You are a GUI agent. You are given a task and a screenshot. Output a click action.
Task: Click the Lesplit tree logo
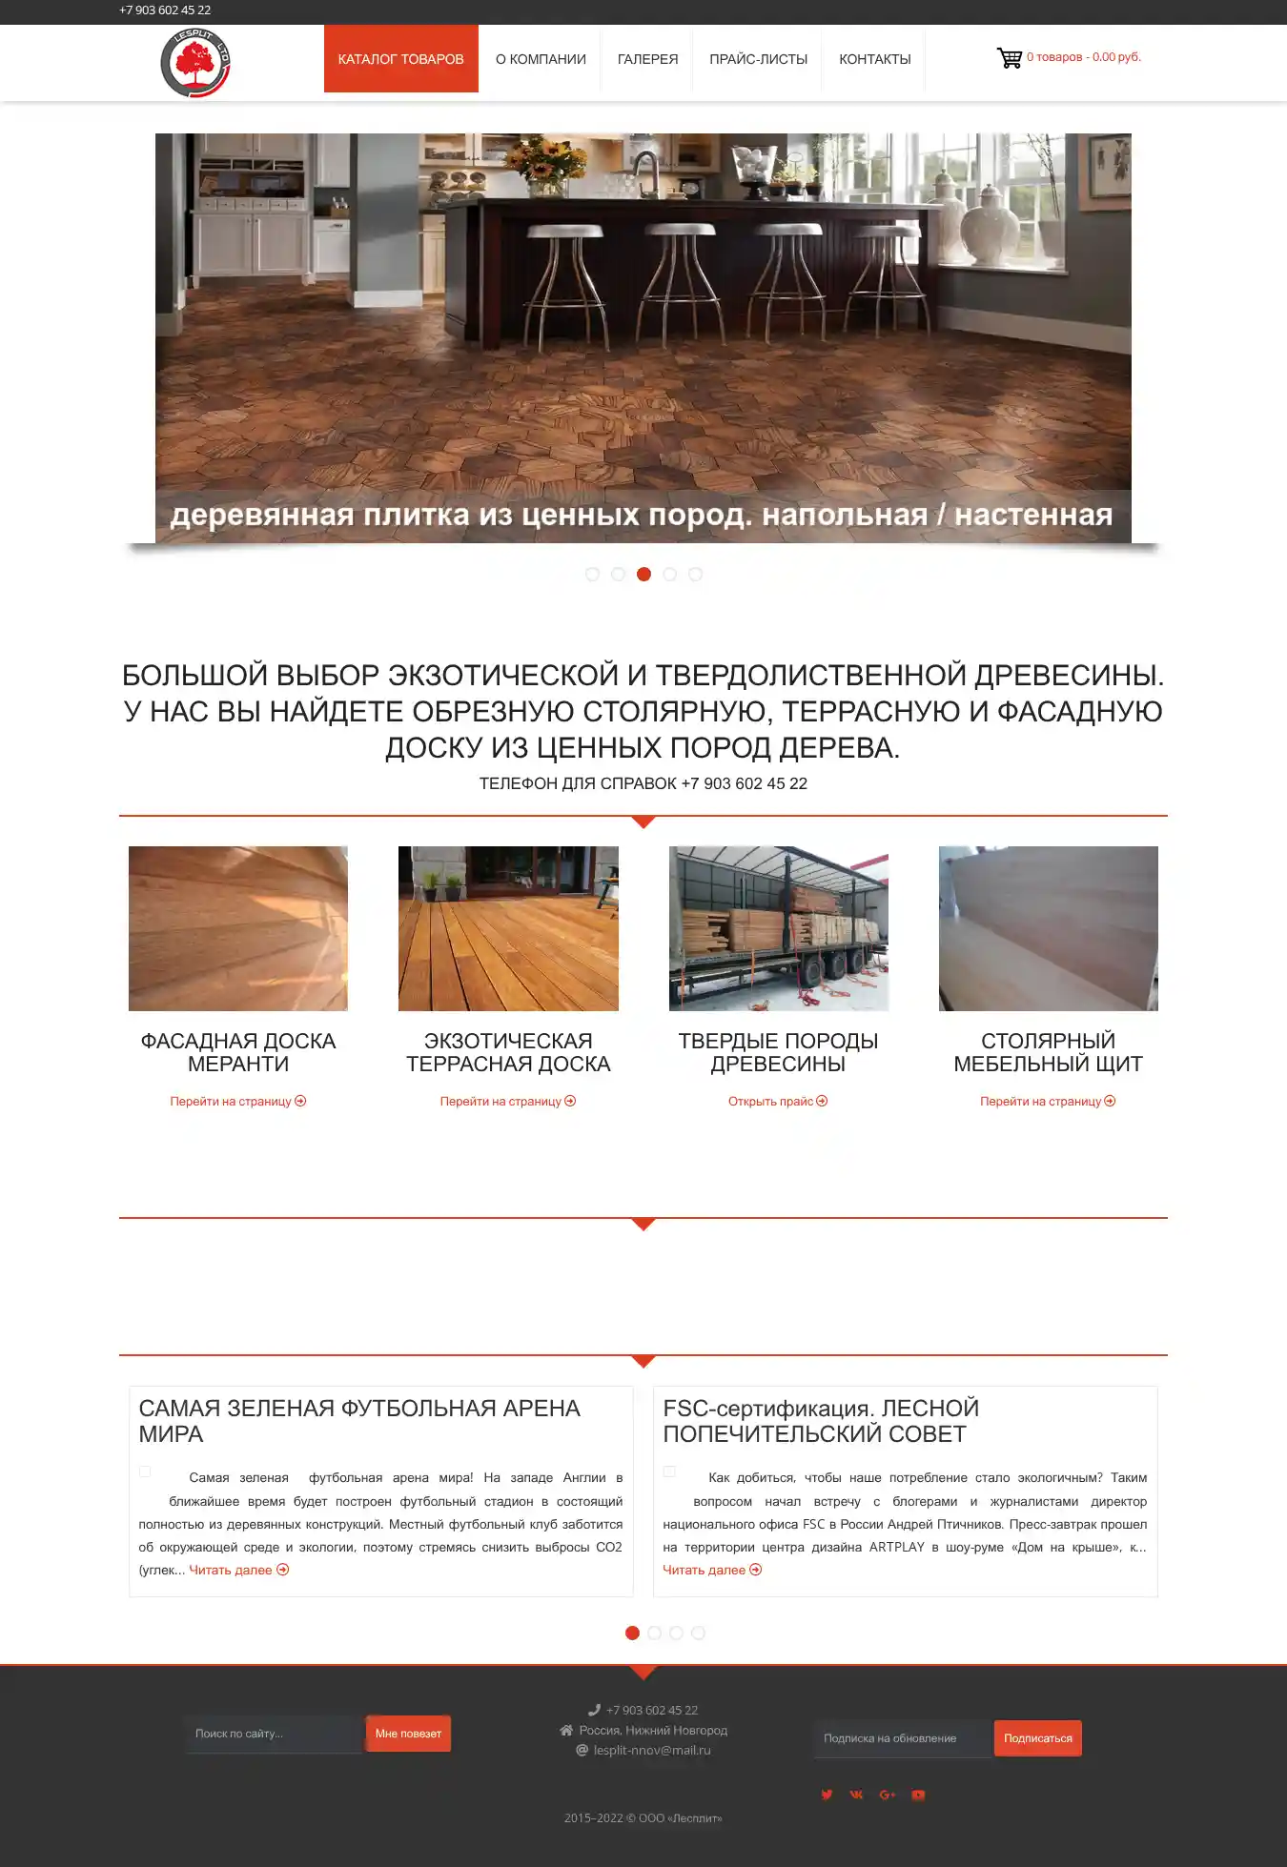(195, 63)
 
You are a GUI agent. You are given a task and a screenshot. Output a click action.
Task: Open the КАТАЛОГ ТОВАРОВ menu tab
(400, 59)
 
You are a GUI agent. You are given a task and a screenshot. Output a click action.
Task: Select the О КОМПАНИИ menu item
(541, 59)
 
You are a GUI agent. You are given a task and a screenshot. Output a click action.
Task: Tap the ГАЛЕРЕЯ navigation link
(647, 59)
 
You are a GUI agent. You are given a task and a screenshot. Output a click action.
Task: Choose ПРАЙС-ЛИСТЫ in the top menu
(758, 59)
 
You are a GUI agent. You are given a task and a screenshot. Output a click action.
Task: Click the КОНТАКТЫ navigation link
(874, 59)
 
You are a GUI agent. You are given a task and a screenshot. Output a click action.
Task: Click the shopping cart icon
(1009, 58)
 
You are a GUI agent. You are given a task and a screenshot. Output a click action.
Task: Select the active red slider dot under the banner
(643, 574)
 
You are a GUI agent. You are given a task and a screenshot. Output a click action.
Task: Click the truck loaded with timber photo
(778, 928)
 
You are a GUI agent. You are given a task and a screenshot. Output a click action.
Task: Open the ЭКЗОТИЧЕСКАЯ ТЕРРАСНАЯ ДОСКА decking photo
(508, 928)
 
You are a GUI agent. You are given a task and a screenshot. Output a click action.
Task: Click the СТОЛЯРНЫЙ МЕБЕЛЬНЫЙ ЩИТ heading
(1048, 1052)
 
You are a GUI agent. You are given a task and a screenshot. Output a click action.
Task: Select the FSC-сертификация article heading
(821, 1421)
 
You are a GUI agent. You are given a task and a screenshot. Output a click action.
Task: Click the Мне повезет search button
(408, 1734)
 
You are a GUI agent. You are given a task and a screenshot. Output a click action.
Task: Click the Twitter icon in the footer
(827, 1795)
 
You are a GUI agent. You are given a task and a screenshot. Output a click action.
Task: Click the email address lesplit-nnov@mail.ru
(652, 1751)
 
